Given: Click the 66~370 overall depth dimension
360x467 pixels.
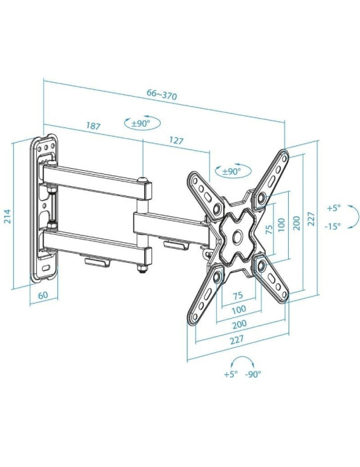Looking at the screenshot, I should pos(161,95).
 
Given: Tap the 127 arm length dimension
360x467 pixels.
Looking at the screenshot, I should pos(176,141).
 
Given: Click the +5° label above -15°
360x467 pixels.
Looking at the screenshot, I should pos(333,207).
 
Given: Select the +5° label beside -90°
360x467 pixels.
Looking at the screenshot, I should pos(230,375).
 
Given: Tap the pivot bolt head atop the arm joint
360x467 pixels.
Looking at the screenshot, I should pos(143,179).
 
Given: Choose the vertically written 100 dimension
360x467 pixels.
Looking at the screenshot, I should pos(282,225).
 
